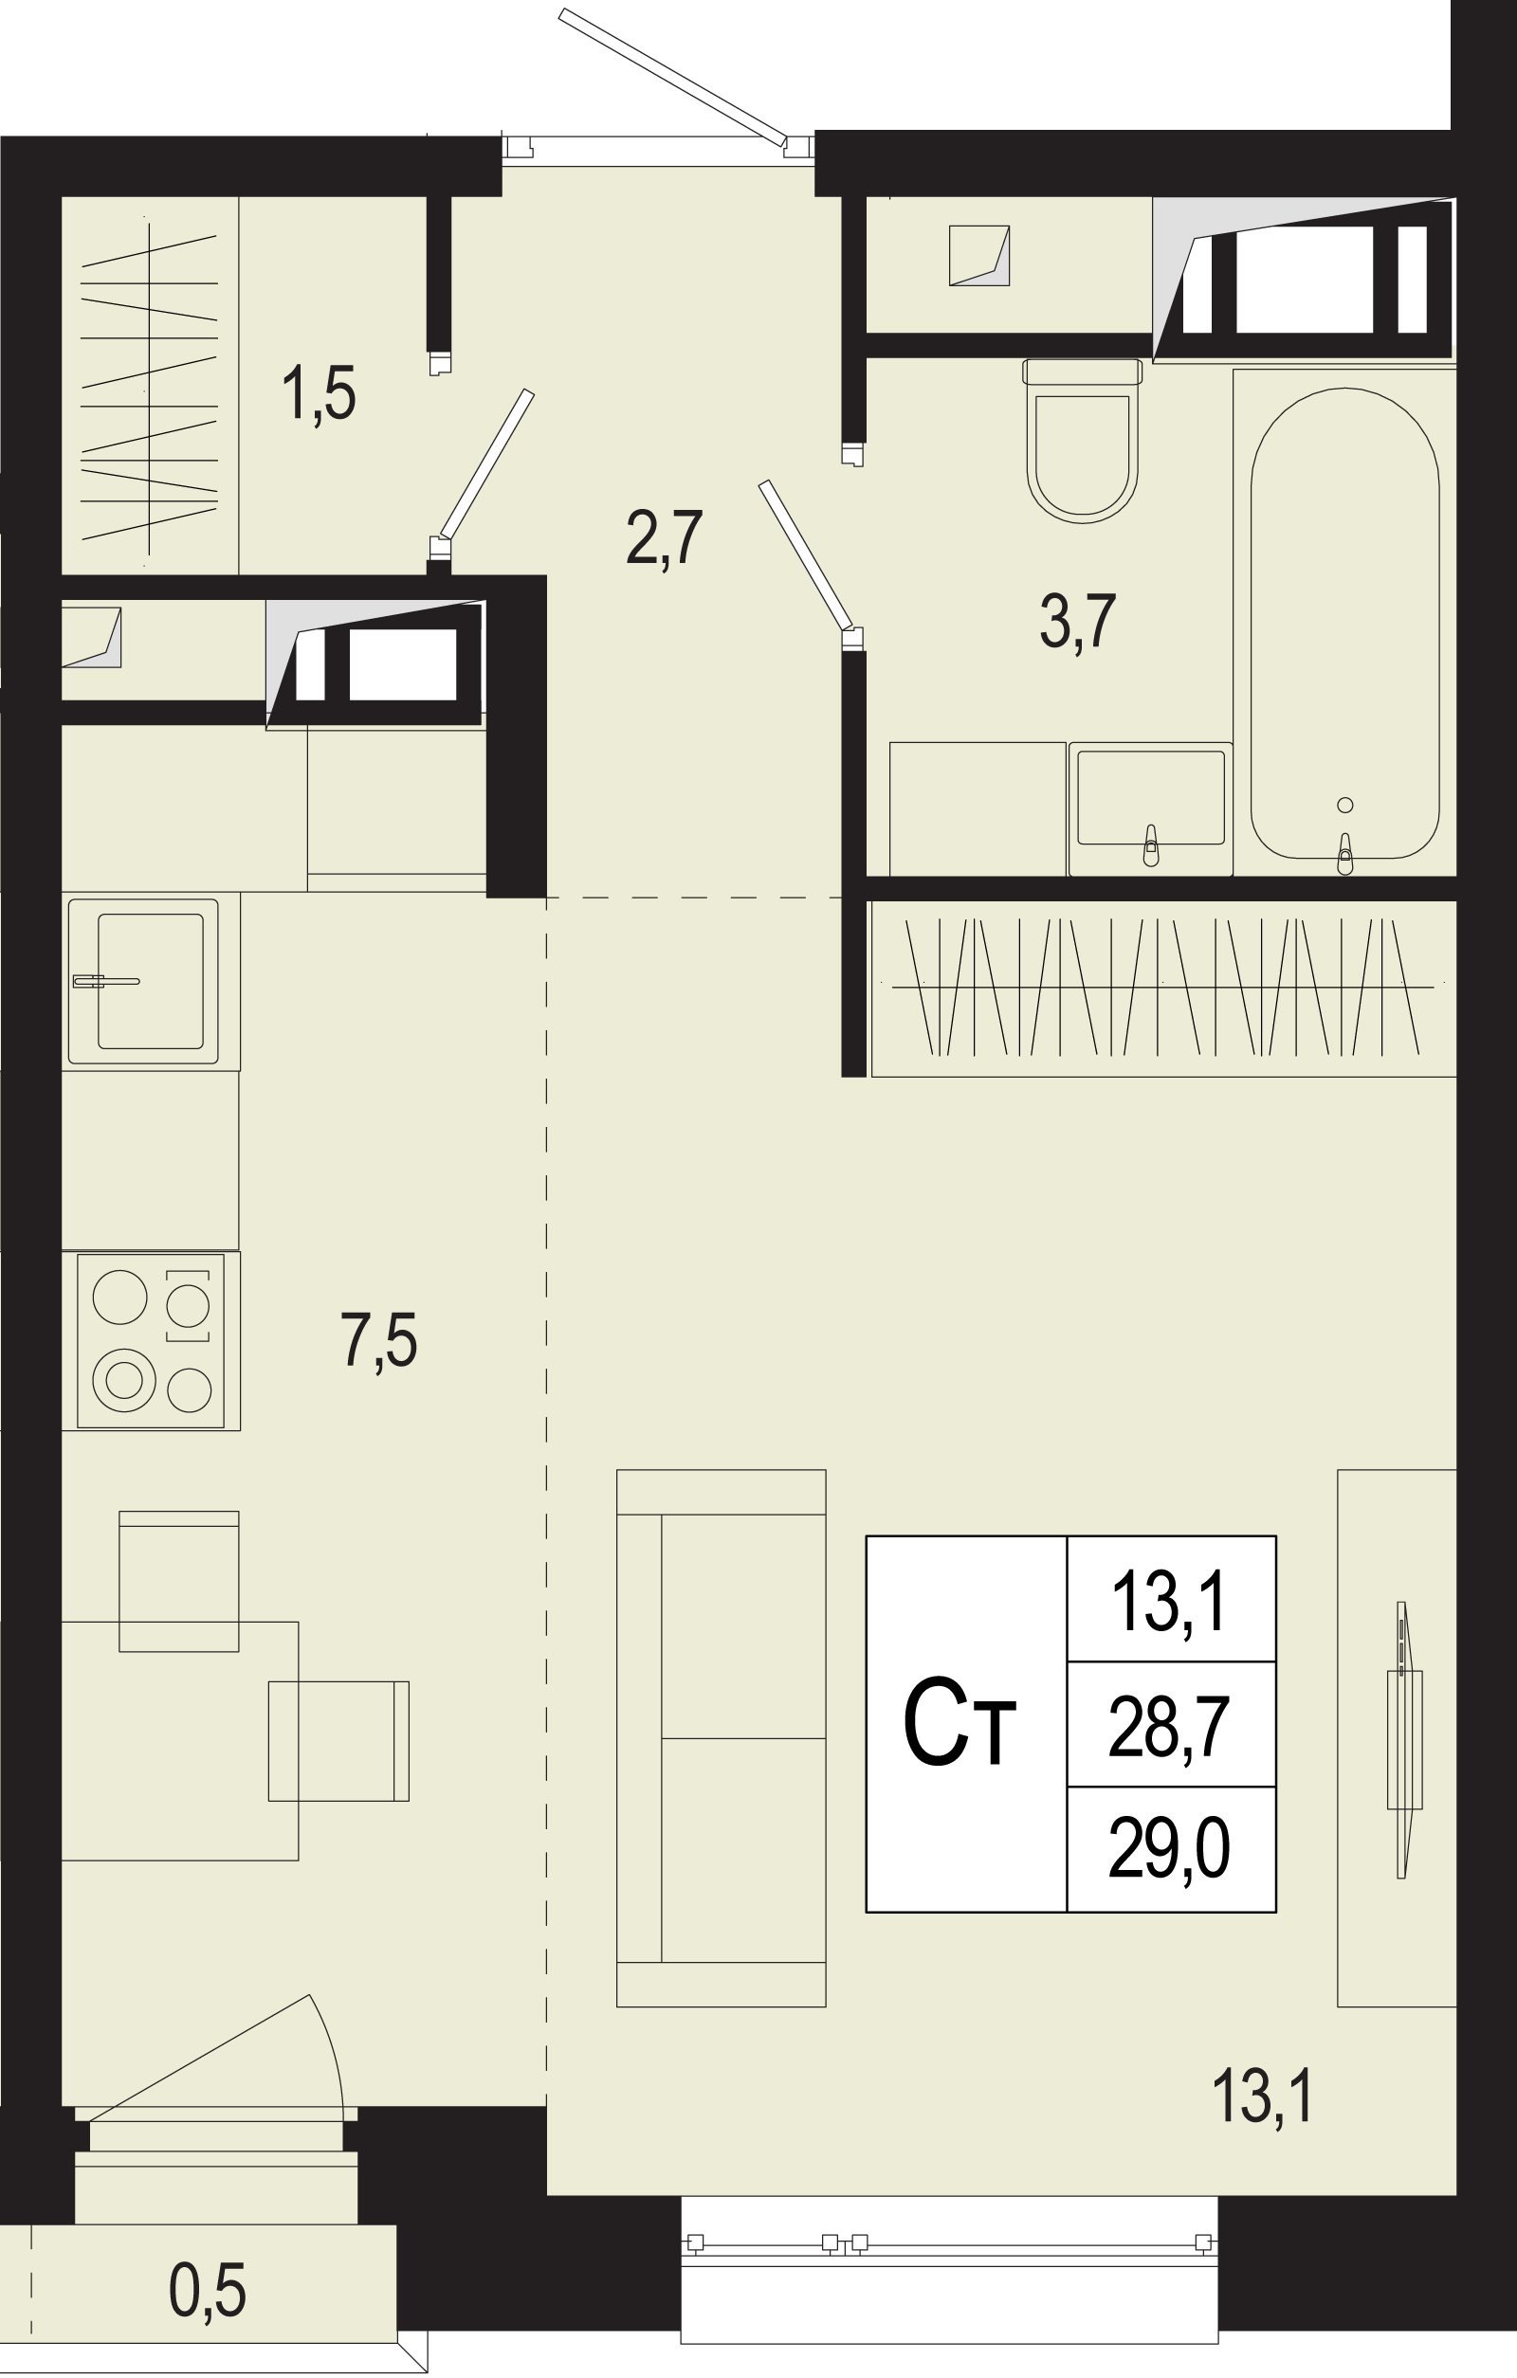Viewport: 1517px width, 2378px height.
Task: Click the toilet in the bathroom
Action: pyautogui.click(x=1083, y=440)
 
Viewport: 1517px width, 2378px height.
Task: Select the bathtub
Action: pyautogui.click(x=1344, y=622)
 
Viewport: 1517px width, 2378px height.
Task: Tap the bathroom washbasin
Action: pyautogui.click(x=1151, y=808)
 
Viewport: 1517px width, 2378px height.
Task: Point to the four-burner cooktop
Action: pyautogui.click(x=151, y=1340)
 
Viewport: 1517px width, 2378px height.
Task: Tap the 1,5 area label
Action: pyautogui.click(x=318, y=394)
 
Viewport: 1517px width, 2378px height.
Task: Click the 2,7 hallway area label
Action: pyautogui.click(x=664, y=538)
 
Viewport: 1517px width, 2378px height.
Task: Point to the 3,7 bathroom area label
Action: pyautogui.click(x=1077, y=621)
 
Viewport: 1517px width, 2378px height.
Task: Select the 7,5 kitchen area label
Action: pyautogui.click(x=379, y=1340)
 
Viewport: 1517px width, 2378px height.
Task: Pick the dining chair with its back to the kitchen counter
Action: pyautogui.click(x=179, y=1581)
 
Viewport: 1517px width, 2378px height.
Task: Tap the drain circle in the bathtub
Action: pyautogui.click(x=1344, y=805)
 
